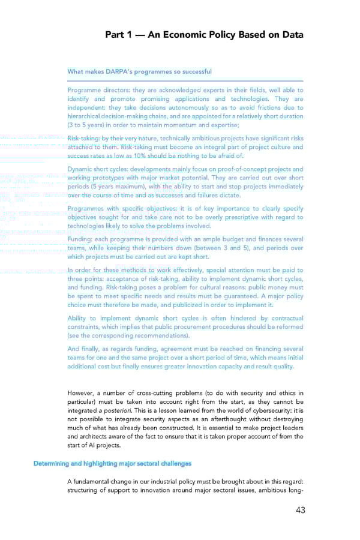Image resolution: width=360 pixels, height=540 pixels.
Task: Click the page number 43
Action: (296, 511)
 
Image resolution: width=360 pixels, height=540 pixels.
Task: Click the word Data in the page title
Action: (289, 35)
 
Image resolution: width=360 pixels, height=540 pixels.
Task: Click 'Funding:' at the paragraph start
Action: (80, 239)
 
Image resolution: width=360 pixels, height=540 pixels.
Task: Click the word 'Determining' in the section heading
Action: (53, 463)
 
